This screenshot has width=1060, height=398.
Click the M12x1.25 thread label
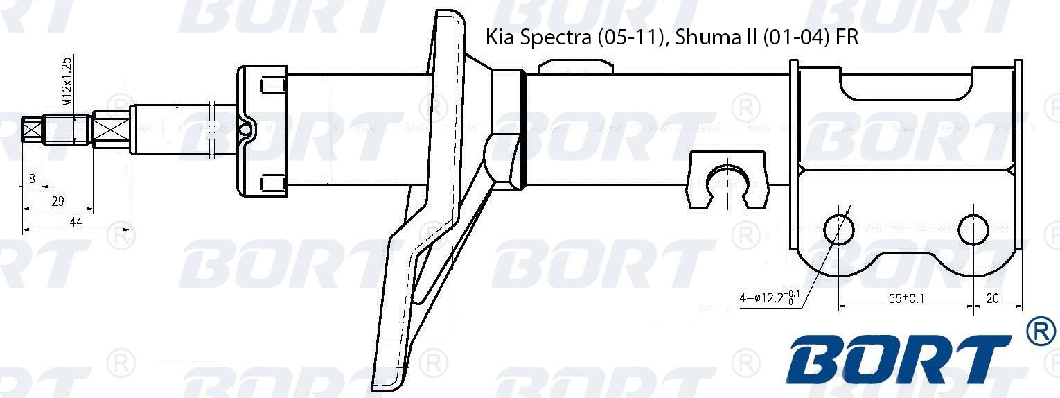67,82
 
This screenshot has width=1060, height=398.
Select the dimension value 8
32,179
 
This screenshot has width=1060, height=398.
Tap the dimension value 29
58,201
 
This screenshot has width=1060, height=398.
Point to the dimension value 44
76,222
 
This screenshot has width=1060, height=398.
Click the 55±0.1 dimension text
907,298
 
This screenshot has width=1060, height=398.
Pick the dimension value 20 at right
992,298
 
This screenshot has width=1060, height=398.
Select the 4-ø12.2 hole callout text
770,299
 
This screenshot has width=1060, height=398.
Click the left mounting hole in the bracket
838,230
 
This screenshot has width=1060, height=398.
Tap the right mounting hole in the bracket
973,230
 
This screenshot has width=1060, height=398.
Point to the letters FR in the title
847,37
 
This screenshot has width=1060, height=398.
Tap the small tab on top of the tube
576,67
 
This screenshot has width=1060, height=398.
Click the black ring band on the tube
523,130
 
